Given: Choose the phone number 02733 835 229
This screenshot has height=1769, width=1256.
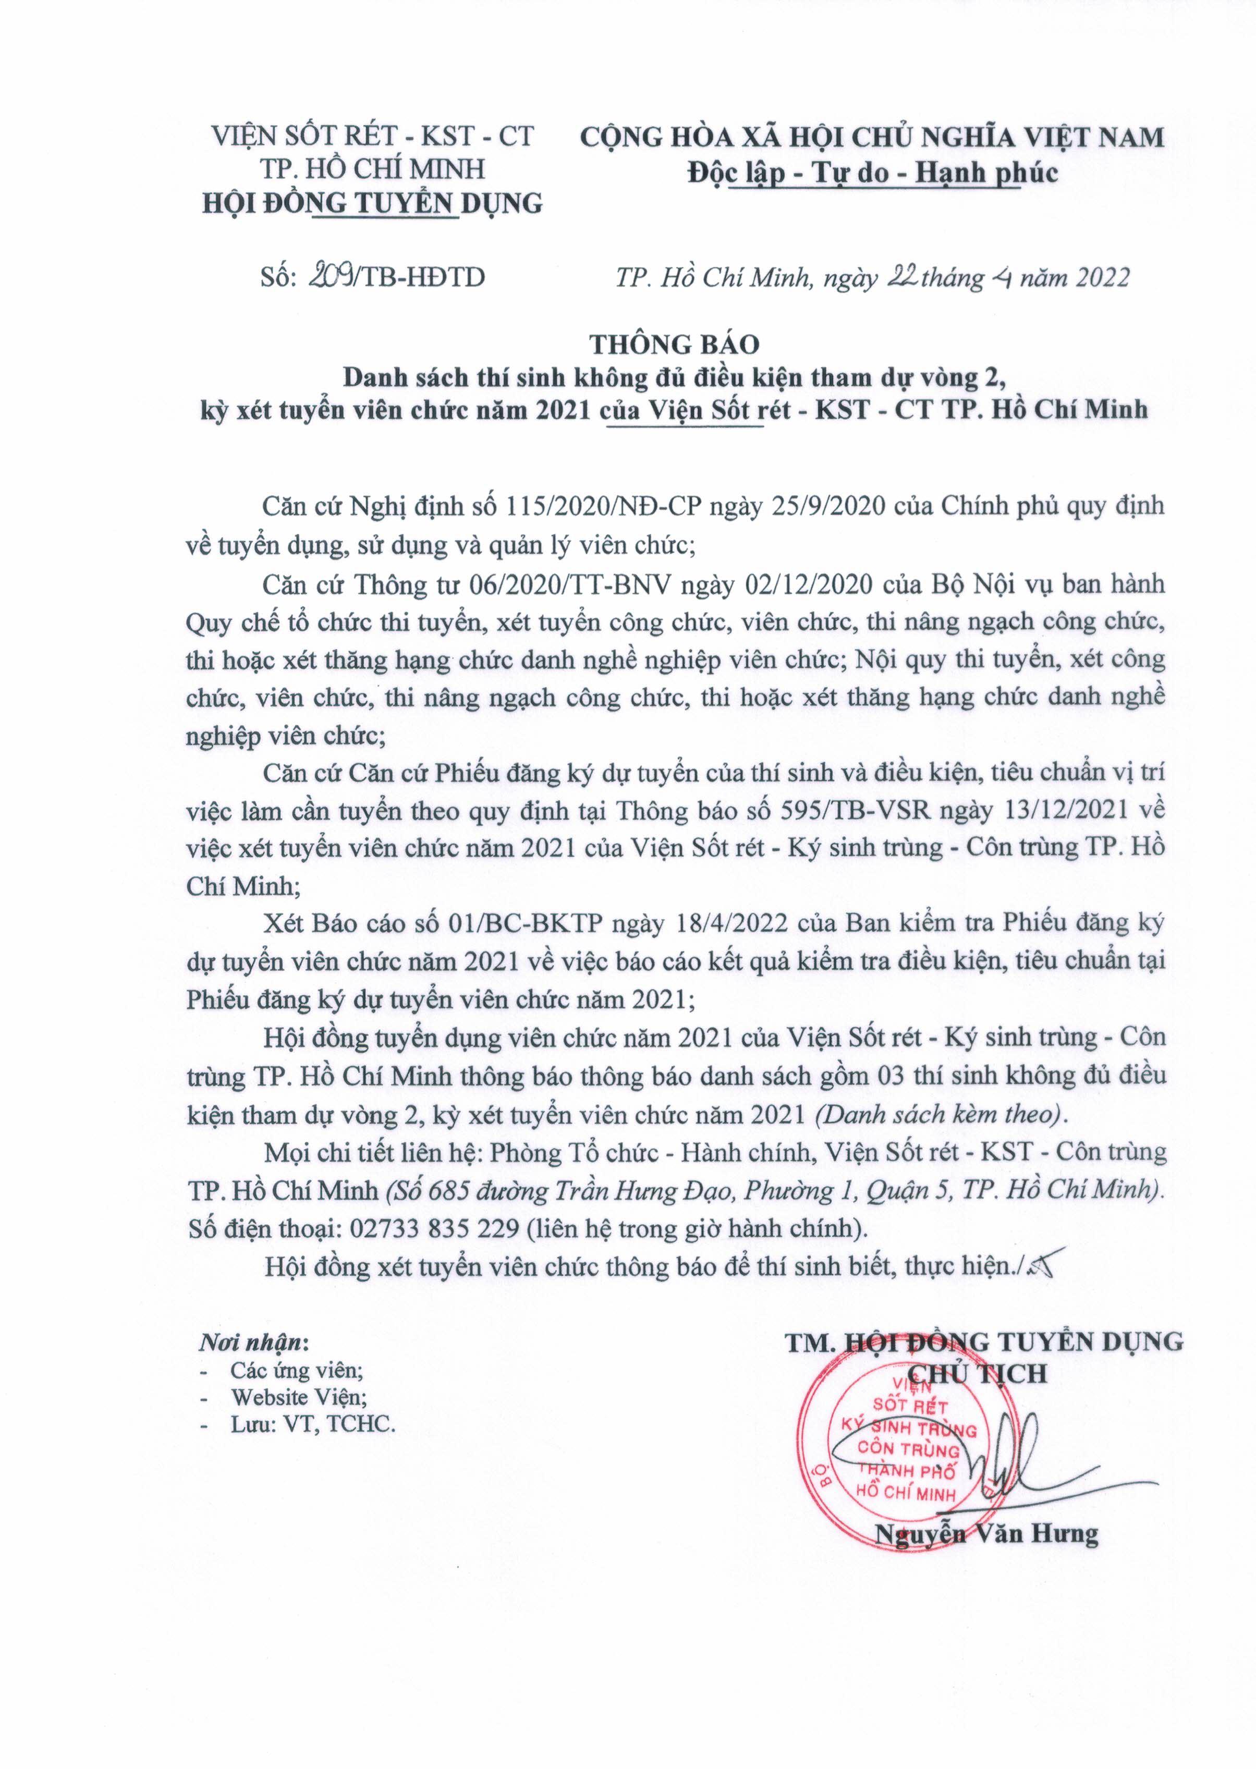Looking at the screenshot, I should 435,1228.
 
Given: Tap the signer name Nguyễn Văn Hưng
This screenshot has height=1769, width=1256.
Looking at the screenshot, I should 986,1534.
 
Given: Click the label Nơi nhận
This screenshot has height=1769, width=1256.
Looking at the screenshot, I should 254,1341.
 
